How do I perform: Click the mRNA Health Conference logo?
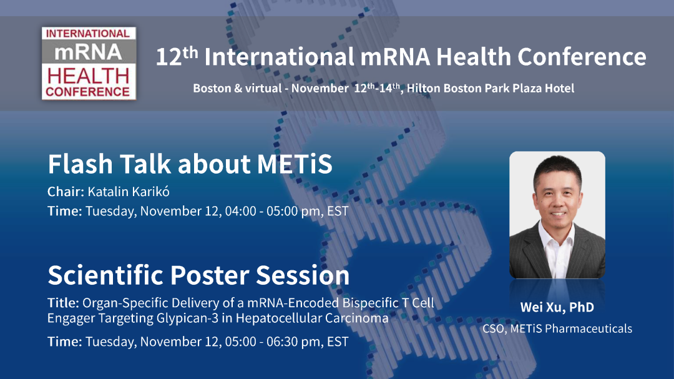[89, 62]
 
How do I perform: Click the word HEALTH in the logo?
[89, 76]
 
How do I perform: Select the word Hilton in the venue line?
[424, 88]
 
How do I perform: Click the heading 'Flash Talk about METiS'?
[190, 164]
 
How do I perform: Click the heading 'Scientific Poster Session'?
[198, 275]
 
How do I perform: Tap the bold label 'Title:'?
[63, 303]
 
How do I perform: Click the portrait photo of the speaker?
[557, 214]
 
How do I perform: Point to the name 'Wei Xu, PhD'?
[557, 307]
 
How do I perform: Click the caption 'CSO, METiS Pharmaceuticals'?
[557, 328]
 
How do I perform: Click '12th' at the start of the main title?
[177, 57]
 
